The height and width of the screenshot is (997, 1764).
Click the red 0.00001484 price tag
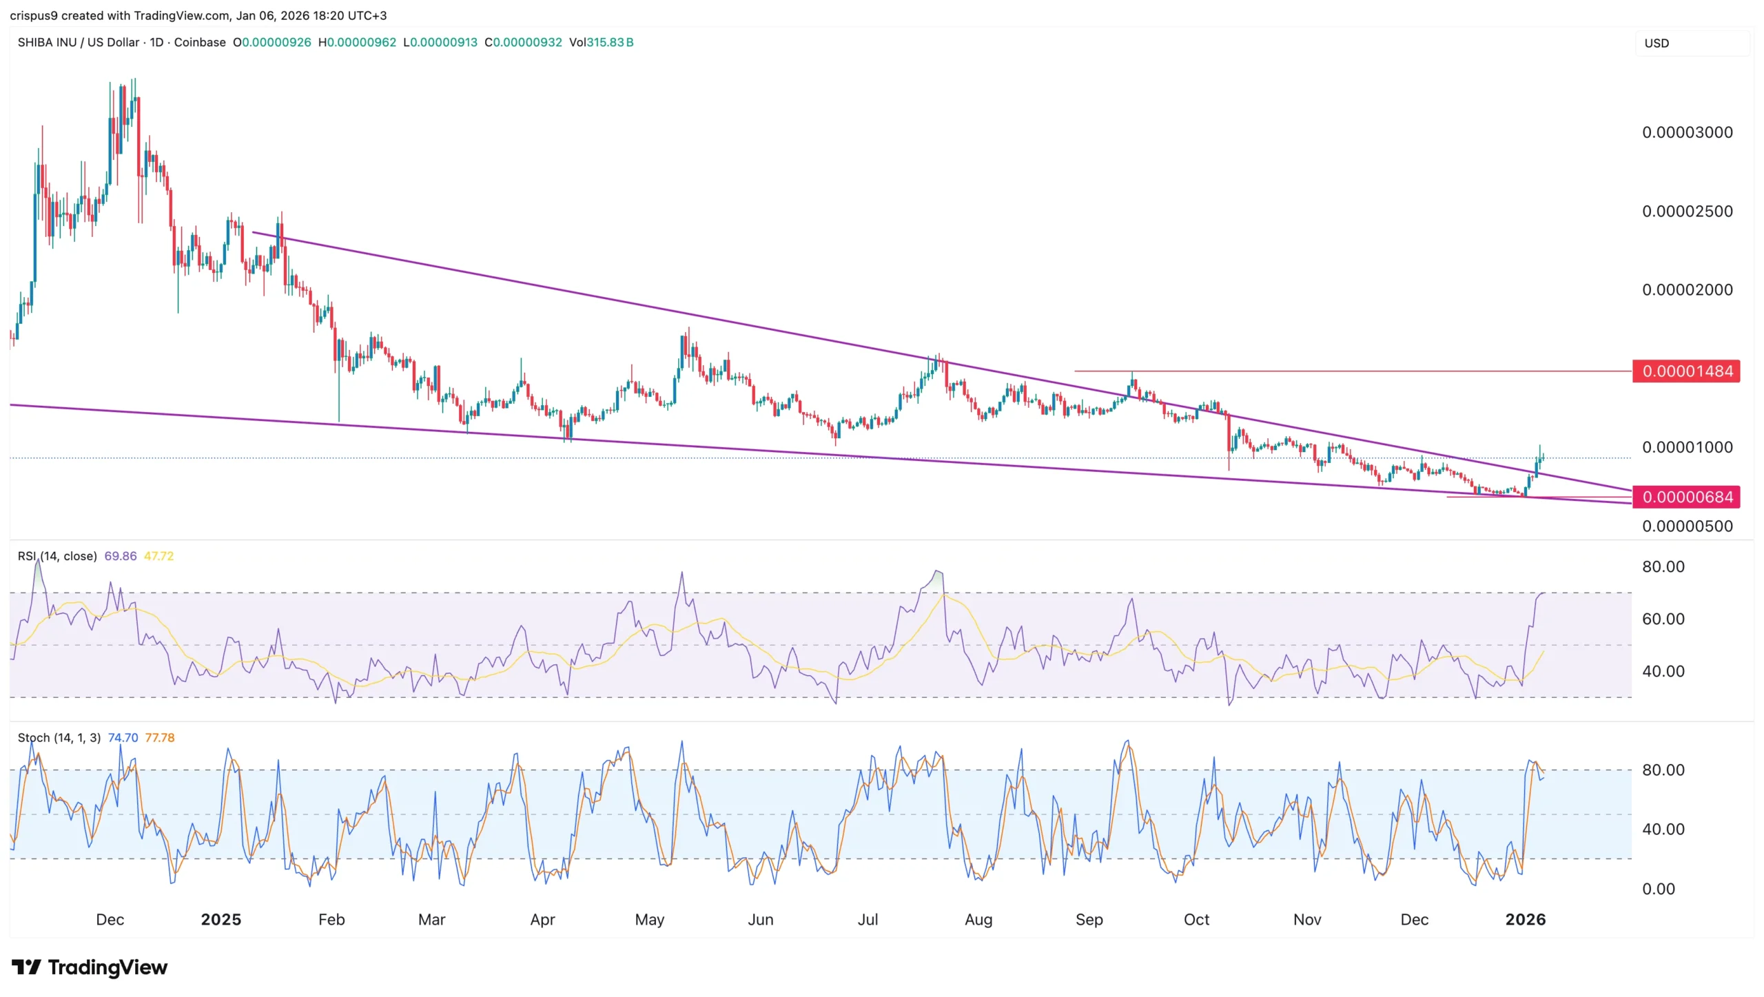(x=1686, y=371)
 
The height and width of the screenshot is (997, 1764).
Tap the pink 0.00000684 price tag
(x=1686, y=497)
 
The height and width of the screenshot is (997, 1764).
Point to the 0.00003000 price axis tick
(x=1687, y=132)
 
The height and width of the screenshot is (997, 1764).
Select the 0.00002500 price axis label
(x=1687, y=212)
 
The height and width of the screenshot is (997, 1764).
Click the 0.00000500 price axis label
(x=1687, y=526)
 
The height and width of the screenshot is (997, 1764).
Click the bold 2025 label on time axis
(x=220, y=919)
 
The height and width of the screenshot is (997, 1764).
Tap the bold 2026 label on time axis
(x=1525, y=919)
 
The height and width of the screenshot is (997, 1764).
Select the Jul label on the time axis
(x=868, y=919)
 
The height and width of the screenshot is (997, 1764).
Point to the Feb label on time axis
(x=331, y=919)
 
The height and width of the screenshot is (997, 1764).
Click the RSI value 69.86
(x=121, y=556)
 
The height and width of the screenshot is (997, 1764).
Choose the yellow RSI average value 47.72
(x=158, y=556)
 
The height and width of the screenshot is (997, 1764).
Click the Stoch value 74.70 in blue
(x=123, y=737)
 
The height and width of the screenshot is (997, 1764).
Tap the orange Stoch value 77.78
(x=160, y=737)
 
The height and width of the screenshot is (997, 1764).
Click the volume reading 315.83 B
(x=609, y=42)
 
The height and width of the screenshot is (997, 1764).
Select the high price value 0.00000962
(x=361, y=42)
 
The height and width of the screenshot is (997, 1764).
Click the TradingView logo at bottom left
(x=90, y=967)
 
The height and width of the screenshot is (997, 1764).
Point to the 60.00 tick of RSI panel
(x=1663, y=619)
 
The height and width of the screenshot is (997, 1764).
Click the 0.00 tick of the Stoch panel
(x=1658, y=889)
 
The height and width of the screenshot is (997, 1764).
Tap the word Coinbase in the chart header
(x=200, y=42)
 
